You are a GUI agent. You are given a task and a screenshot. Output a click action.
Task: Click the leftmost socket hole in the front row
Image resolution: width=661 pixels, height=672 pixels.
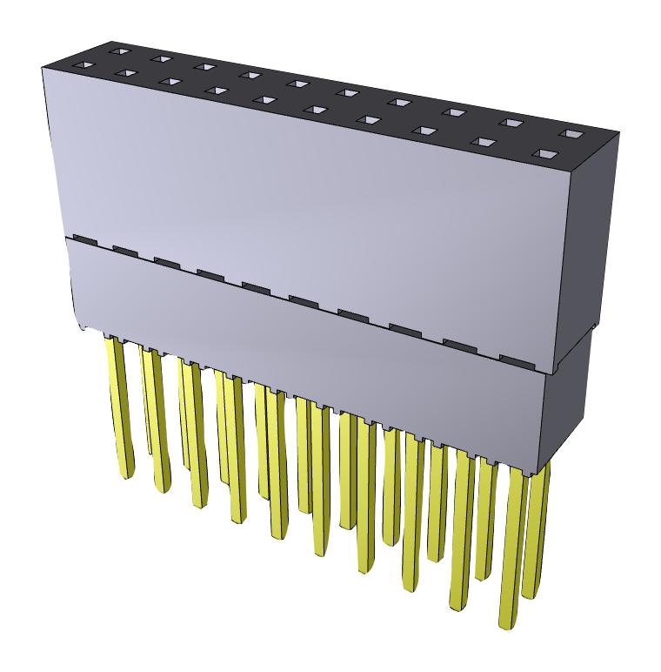pyautogui.click(x=81, y=65)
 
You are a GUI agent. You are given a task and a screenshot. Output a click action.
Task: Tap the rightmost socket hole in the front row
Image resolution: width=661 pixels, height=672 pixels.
pyautogui.click(x=546, y=154)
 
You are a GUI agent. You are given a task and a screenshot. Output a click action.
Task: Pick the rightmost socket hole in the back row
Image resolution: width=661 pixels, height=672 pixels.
pyautogui.click(x=571, y=134)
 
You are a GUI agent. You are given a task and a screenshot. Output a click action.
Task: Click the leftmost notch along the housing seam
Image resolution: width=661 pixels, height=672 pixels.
pyautogui.click(x=84, y=238)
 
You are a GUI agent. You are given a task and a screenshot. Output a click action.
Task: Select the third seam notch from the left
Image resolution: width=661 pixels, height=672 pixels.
pyautogui.click(x=166, y=259)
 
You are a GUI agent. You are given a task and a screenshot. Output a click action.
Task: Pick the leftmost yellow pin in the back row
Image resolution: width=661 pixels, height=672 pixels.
pyautogui.click(x=146, y=400)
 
